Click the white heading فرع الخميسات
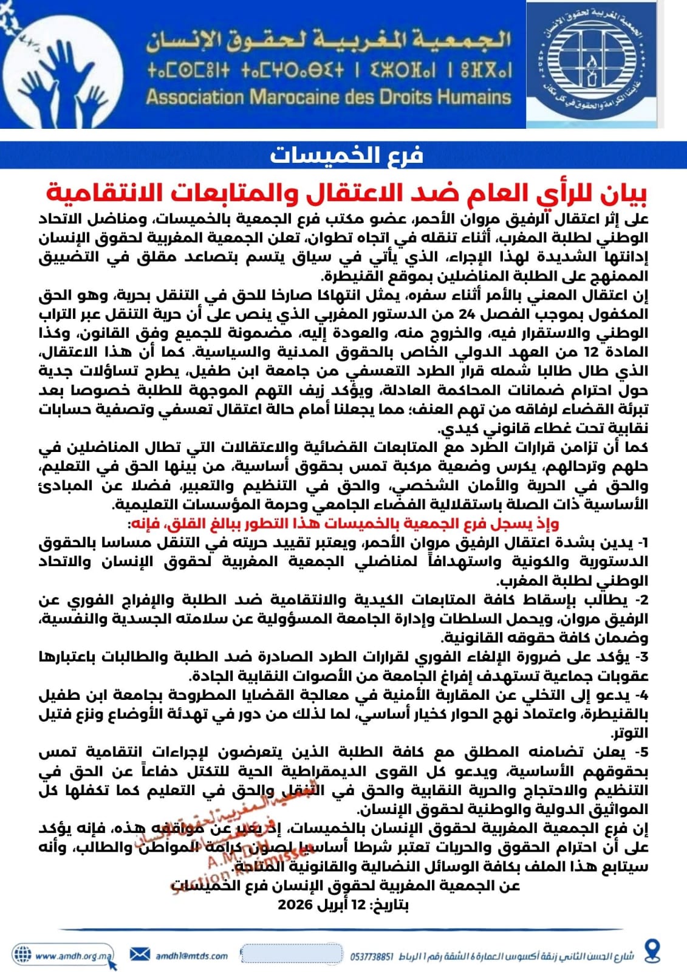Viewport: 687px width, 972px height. pos(346,156)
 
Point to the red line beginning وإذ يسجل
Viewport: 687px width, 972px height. pos(343,524)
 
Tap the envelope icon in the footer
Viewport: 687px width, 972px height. pos(140,954)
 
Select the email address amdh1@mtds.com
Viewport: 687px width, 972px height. pos(191,956)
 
